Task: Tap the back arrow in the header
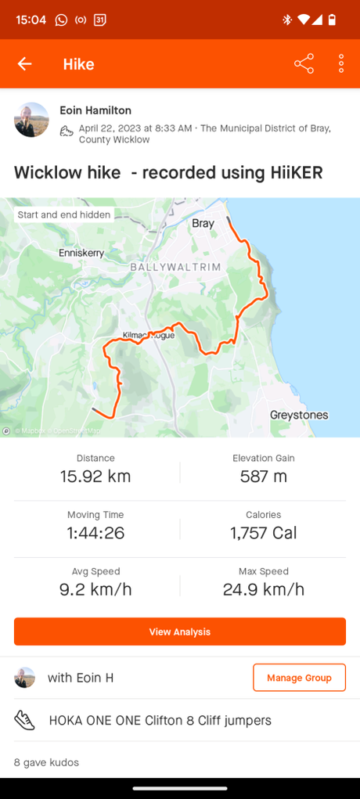(25, 64)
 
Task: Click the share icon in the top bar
(304, 64)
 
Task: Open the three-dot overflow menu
(341, 64)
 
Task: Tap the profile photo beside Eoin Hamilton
(31, 120)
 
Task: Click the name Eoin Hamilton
(95, 111)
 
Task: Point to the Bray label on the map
(203, 224)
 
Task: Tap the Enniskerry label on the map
(81, 253)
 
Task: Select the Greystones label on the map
(299, 415)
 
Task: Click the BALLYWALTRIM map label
(175, 268)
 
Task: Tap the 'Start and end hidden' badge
(64, 214)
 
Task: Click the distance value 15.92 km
(95, 476)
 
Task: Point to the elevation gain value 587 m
(264, 476)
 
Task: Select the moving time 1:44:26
(95, 533)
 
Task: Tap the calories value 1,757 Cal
(264, 533)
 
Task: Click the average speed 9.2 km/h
(95, 589)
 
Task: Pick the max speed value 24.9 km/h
(264, 589)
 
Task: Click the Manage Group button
(299, 678)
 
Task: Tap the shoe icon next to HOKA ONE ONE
(25, 721)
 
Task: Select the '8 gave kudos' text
(46, 762)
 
